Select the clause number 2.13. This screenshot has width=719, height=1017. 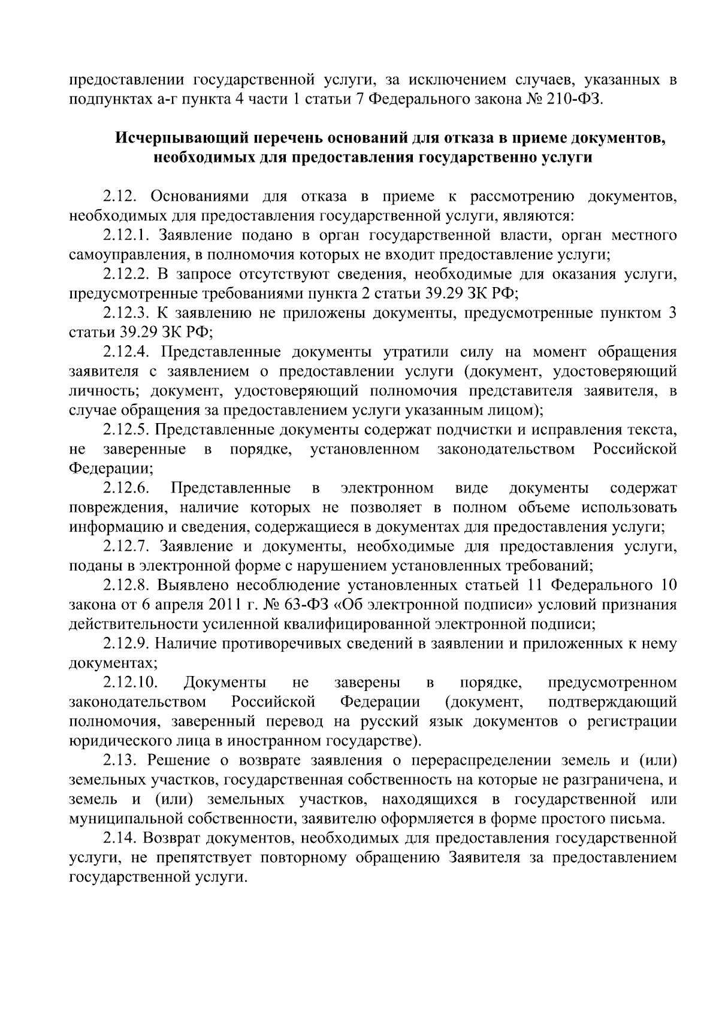(x=121, y=761)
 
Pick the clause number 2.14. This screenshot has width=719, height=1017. (x=121, y=838)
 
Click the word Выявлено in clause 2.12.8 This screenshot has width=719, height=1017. (x=194, y=585)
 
